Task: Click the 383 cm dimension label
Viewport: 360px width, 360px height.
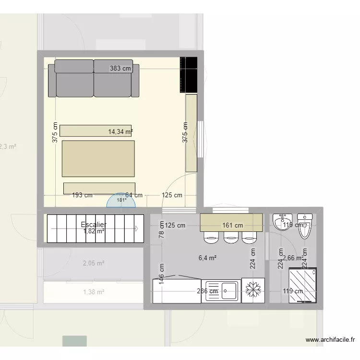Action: click(120, 69)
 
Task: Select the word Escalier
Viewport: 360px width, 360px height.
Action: click(94, 225)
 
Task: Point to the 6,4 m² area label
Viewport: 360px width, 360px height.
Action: click(207, 258)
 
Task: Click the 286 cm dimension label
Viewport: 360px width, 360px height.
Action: click(208, 291)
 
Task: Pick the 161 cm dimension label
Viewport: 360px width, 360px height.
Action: click(232, 225)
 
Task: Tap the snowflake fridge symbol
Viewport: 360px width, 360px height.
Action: click(252, 290)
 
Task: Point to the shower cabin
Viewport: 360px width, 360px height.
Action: click(303, 285)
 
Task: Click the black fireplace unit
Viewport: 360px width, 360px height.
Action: click(189, 74)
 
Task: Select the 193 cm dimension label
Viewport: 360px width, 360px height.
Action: click(82, 195)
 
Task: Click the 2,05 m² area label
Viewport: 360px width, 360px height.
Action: click(94, 263)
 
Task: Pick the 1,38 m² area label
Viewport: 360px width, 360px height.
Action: click(94, 292)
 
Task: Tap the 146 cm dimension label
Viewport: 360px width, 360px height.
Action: click(162, 276)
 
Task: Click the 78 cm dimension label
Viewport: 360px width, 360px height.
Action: click(162, 232)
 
